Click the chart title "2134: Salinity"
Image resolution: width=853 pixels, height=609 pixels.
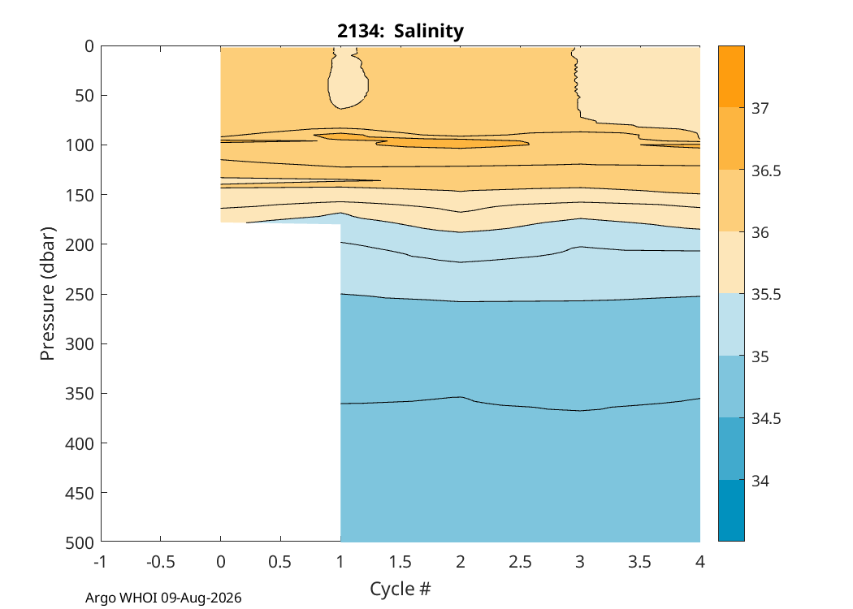401,31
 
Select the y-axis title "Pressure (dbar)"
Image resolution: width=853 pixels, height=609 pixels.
48,294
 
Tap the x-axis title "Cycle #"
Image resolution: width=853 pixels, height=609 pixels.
401,589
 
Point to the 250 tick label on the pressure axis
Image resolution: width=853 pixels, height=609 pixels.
80,294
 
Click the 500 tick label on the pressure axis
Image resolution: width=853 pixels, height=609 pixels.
80,542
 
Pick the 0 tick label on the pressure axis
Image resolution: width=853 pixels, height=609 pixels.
89,46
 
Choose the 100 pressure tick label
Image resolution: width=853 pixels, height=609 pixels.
80,145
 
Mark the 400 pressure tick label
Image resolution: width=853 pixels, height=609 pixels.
80,443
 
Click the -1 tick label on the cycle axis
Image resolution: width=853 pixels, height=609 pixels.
101,561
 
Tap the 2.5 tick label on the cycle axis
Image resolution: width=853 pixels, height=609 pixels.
520,561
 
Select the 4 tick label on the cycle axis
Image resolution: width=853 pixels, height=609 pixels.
700,561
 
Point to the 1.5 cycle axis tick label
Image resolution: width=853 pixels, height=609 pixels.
401,561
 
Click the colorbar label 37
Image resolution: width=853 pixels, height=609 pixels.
760,108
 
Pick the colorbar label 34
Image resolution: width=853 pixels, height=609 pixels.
760,482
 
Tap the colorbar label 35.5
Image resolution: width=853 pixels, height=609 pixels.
766,295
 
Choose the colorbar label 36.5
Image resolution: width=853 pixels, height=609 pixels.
766,171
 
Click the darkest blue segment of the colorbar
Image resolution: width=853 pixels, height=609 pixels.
731,511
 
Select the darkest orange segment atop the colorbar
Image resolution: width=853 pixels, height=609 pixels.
731,76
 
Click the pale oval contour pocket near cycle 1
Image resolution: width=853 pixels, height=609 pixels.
348,78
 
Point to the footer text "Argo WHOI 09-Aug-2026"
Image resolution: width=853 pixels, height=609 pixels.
163,598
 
